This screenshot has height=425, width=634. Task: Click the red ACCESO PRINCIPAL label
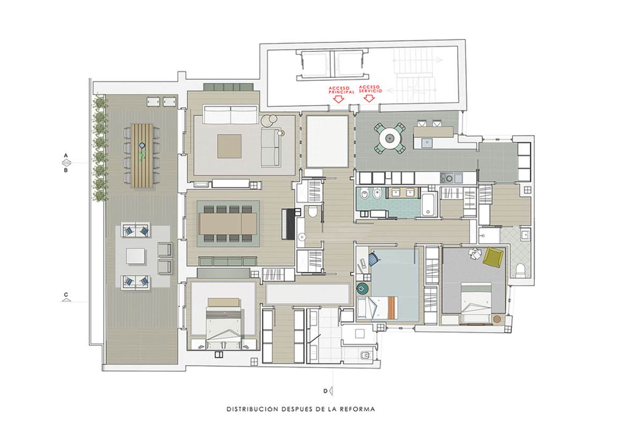pos(341,90)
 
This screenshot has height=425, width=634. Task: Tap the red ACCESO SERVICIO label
pos(371,89)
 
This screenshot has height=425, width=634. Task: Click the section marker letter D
pos(325,391)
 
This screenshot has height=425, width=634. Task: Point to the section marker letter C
pos(66,295)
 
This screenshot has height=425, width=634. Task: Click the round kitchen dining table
pos(390,138)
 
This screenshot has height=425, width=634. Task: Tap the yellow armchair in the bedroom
pos(493,257)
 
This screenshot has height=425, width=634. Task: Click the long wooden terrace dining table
pos(142,156)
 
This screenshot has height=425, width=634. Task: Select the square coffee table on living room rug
pos(229,146)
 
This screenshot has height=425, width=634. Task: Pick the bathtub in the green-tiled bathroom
pos(429,205)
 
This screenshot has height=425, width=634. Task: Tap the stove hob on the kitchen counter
pos(447,178)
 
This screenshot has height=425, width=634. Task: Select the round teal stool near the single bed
pos(363,288)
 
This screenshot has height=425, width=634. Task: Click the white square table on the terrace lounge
pos(135,256)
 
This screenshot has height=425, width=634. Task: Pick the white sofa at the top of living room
pos(230,115)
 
